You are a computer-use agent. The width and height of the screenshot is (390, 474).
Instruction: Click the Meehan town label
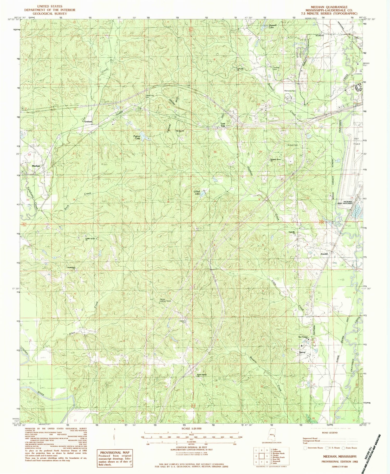pyautogui.click(x=36, y=166)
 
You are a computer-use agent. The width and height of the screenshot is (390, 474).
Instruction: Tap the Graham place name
pyautogui.click(x=88, y=121)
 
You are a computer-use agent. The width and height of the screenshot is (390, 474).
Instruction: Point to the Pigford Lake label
pyautogui.click(x=137, y=137)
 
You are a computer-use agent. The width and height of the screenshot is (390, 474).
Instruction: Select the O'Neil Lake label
pyautogui.click(x=196, y=193)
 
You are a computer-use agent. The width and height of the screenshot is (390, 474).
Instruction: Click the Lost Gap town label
pyautogui.click(x=223, y=125)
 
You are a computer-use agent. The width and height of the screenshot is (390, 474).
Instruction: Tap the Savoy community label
pyautogui.click(x=302, y=352)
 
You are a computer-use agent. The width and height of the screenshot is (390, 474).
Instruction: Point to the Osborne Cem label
pyautogui.click(x=183, y=322)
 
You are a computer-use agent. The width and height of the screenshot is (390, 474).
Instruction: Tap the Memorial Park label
pyautogui.click(x=290, y=91)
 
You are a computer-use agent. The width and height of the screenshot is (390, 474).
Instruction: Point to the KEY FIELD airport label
pyautogui.click(x=357, y=142)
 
